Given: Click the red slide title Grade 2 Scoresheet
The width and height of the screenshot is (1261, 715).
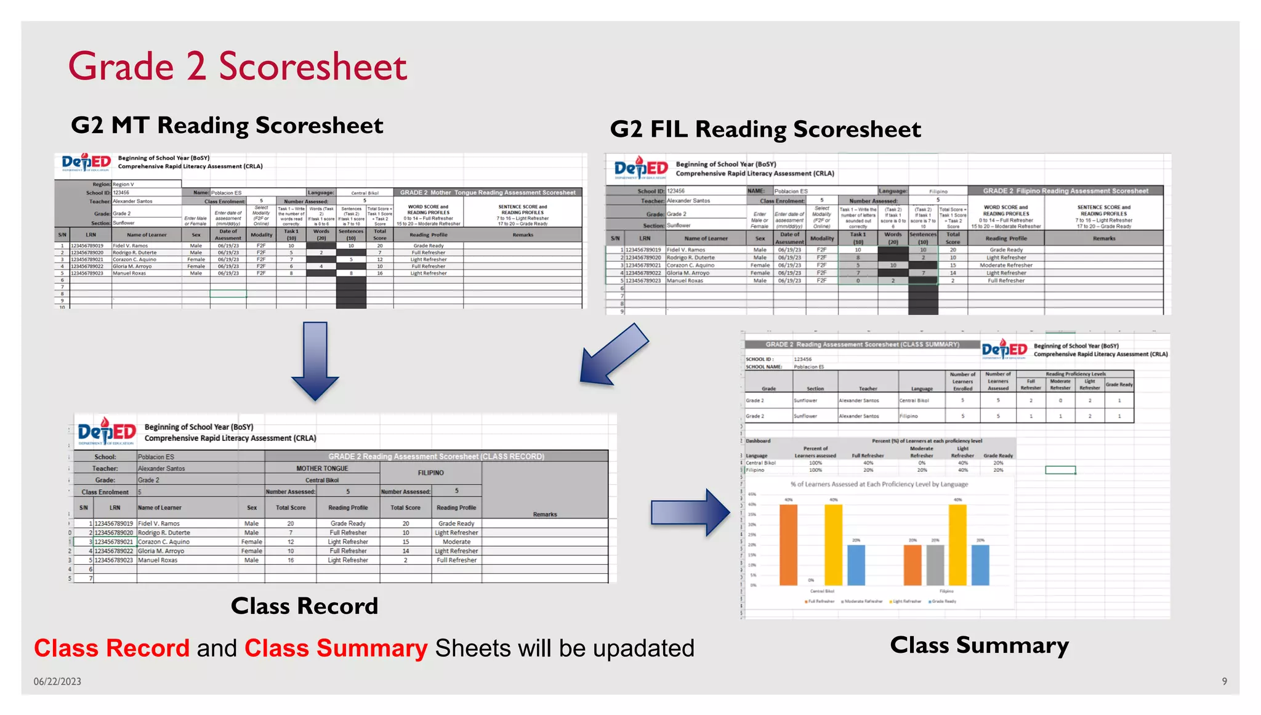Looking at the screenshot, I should tap(237, 67).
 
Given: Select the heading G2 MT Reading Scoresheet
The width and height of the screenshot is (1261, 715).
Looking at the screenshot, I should tap(227, 126).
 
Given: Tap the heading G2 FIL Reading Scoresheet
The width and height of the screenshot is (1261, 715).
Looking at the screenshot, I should tap(765, 129).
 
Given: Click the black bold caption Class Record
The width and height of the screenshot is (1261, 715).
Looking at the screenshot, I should tap(304, 606).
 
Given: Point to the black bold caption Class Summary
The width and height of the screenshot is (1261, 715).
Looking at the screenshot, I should tap(979, 645).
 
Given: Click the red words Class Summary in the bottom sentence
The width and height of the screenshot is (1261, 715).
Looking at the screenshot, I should tap(336, 648).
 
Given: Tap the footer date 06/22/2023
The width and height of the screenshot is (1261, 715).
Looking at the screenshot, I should tap(57, 681).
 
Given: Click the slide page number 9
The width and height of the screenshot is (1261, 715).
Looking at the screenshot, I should tap(1224, 681).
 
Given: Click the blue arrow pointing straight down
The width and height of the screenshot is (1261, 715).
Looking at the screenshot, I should tap(315, 360).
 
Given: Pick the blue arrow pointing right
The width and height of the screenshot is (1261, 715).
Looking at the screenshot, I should tap(690, 512).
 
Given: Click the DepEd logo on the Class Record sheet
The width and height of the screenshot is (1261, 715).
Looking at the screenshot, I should tap(107, 431).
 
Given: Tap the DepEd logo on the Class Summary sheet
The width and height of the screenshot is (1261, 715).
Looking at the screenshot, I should tap(1004, 349).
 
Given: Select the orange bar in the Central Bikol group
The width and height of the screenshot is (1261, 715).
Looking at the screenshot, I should tap(788, 544).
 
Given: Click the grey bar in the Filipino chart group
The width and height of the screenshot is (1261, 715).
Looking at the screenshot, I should tap(935, 565).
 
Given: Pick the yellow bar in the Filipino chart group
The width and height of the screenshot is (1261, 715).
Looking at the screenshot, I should tap(957, 544).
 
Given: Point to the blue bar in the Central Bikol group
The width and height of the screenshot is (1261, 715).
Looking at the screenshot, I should tap(856, 565).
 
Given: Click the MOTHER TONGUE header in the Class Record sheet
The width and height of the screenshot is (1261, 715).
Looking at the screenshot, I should tap(322, 469).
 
